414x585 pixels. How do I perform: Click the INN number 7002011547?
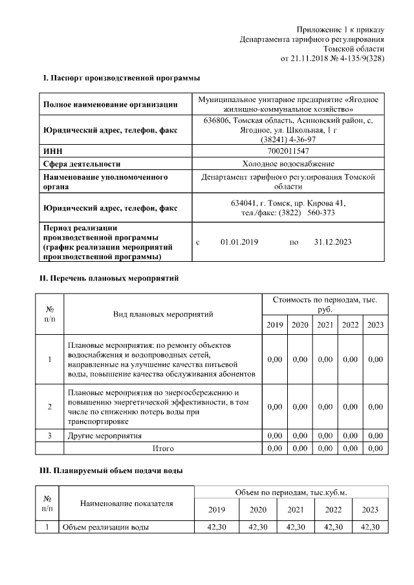(288, 151)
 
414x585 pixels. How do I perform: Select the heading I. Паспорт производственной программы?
(121, 78)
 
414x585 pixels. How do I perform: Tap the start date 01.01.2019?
(239, 242)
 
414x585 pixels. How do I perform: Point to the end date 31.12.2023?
(332, 242)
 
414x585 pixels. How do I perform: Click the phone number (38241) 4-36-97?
(288, 139)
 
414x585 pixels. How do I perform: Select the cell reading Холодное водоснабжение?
(288, 164)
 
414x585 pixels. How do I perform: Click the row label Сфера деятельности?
(82, 164)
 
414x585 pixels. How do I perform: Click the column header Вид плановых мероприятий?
(163, 314)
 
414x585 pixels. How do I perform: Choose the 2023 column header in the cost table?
(375, 324)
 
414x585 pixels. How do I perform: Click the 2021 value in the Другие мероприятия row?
(325, 436)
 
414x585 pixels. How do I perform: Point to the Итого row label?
(163, 447)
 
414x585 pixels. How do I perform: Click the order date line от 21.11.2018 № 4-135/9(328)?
(332, 58)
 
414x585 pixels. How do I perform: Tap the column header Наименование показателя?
(126, 503)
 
